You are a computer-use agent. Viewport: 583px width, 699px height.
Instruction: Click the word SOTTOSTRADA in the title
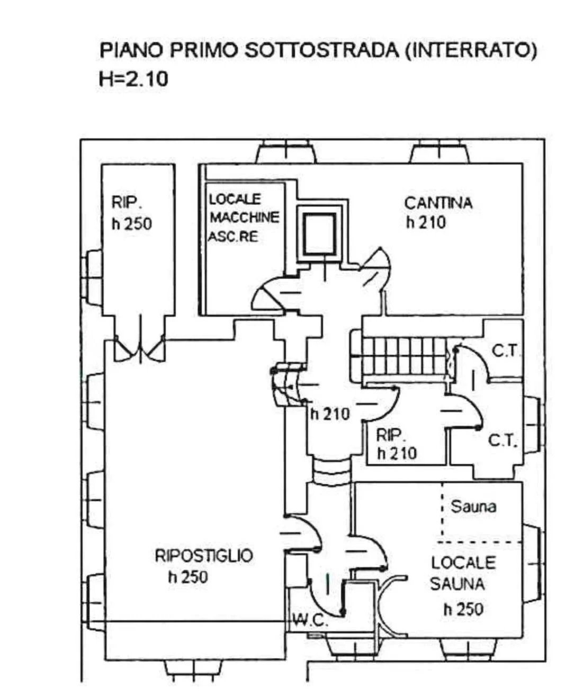point(322,50)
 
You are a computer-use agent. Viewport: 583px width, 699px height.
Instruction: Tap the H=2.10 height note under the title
point(133,79)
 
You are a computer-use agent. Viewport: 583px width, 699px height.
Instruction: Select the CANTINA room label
point(438,203)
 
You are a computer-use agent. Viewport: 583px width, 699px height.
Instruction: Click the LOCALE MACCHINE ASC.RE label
point(244,218)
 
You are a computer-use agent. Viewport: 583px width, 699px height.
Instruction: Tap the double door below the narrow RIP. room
point(140,346)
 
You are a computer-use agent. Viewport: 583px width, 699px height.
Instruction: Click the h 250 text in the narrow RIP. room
point(132,223)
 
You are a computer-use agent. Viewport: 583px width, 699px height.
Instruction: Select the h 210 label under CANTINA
point(426,222)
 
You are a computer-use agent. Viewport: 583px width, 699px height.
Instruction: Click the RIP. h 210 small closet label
point(396,445)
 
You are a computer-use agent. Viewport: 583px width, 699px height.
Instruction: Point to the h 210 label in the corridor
point(330,415)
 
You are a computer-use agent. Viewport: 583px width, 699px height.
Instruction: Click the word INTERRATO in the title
point(471,50)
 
